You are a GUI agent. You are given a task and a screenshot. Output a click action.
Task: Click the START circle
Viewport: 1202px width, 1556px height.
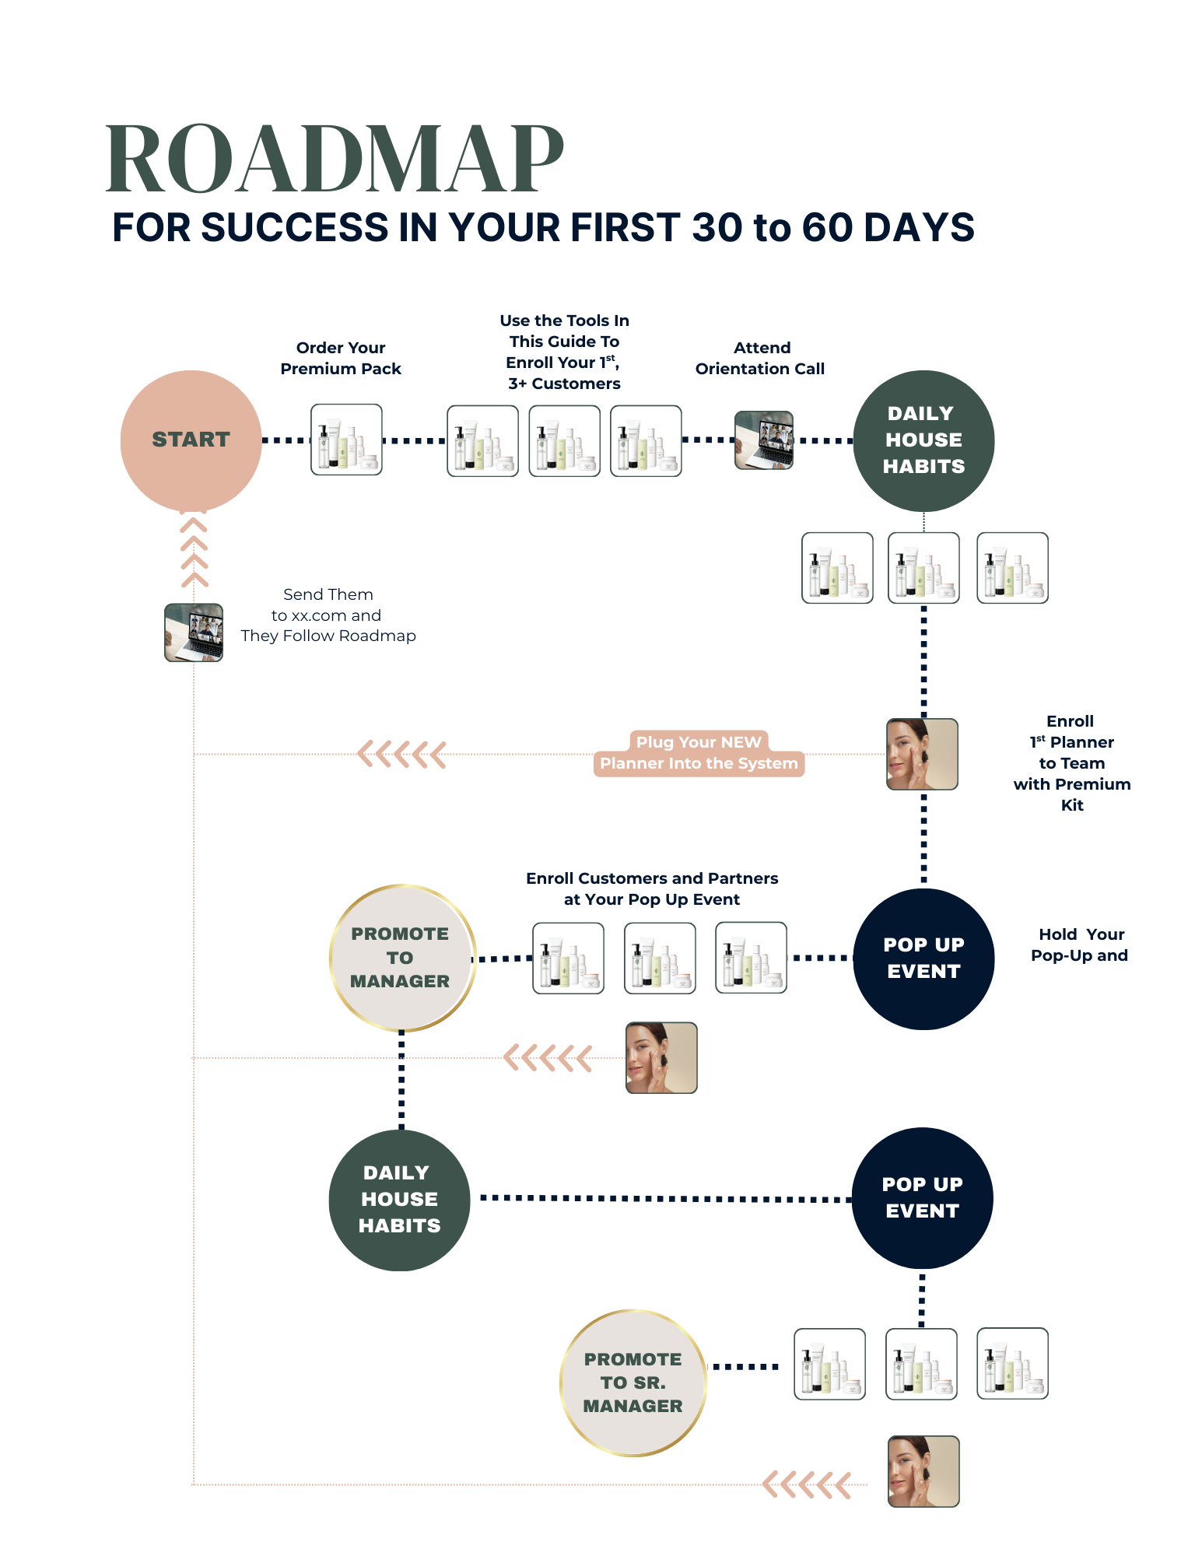(x=191, y=440)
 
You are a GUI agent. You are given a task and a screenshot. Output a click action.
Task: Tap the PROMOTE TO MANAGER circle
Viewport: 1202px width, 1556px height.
(x=401, y=958)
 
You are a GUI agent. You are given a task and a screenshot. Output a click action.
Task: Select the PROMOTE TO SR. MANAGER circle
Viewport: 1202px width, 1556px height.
(x=633, y=1383)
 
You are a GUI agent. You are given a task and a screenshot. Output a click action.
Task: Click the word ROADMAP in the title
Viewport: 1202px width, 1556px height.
(x=335, y=159)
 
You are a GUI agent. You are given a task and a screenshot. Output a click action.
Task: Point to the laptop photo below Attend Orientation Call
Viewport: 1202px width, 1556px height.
(x=764, y=440)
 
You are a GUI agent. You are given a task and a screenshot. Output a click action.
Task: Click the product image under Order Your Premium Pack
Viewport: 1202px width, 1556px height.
(x=346, y=440)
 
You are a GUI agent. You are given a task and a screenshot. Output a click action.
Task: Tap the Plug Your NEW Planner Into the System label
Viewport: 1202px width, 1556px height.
(x=699, y=753)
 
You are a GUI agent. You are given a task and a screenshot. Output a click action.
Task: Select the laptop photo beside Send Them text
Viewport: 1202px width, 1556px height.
(x=194, y=633)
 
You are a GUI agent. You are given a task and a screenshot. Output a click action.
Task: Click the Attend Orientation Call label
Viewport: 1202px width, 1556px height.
(x=760, y=359)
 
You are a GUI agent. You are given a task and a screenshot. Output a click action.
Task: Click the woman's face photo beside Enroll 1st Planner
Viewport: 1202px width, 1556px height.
(x=922, y=754)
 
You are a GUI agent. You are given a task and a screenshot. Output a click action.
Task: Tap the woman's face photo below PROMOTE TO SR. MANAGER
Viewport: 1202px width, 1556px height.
(x=923, y=1471)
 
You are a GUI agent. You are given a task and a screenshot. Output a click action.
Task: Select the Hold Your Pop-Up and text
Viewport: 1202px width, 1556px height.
(x=1079, y=944)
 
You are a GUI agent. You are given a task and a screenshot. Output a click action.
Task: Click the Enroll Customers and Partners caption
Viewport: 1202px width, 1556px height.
(x=652, y=888)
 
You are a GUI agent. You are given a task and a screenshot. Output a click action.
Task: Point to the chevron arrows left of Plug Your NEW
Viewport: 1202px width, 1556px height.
(x=401, y=754)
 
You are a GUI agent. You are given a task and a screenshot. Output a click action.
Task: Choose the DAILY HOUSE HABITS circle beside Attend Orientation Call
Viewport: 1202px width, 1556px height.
(x=923, y=440)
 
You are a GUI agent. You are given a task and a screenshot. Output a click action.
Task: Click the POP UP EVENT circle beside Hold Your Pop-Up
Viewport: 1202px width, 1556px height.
(x=923, y=958)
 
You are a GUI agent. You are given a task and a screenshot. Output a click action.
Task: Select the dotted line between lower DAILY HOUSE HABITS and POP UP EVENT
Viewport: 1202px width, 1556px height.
(x=665, y=1198)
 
